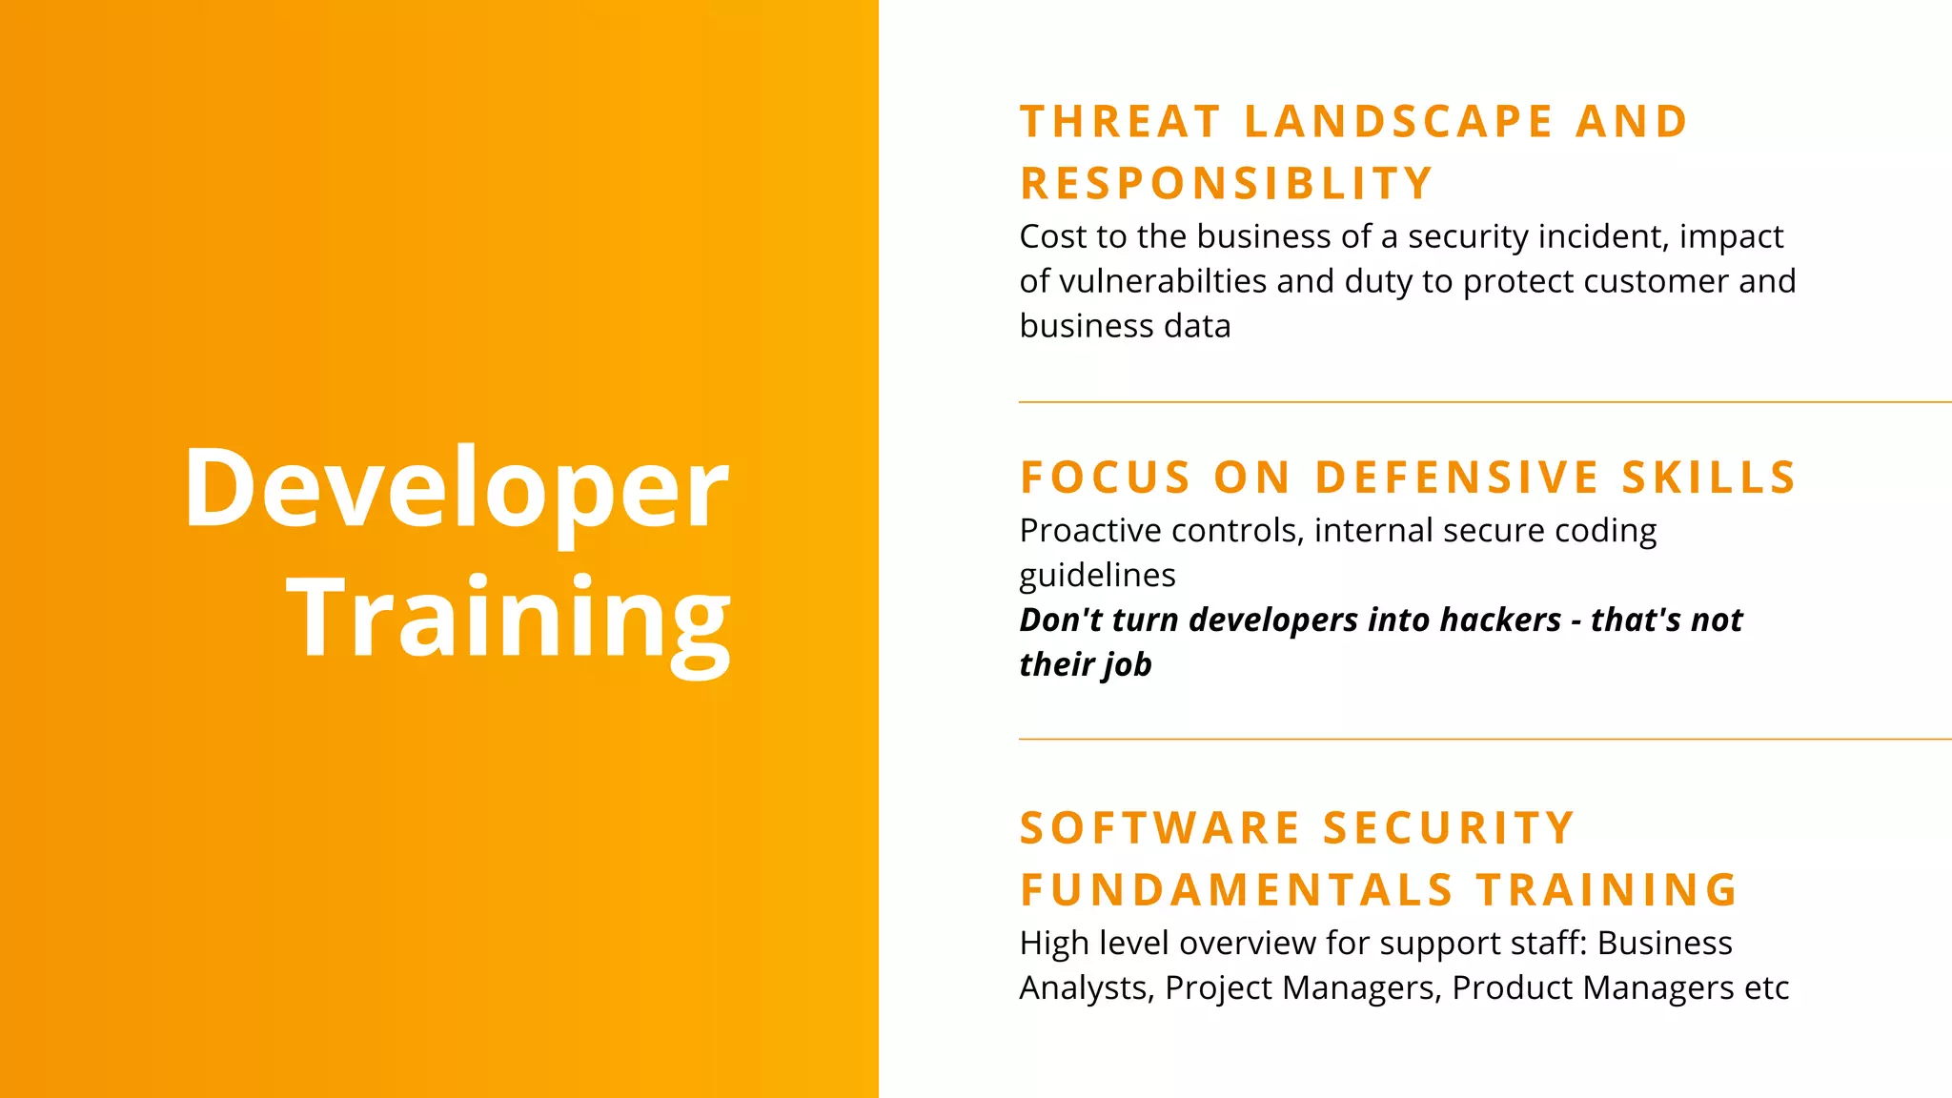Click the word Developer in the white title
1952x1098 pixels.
(456, 488)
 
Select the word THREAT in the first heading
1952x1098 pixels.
(1120, 122)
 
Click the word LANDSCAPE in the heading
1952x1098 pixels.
(1399, 122)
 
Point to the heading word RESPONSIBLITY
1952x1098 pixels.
(1227, 183)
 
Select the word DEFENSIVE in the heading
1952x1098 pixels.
(1457, 478)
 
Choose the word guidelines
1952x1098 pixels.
(1097, 575)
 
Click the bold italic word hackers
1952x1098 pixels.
(1499, 620)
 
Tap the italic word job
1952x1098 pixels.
(1128, 664)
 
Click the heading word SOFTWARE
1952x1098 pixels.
(1160, 828)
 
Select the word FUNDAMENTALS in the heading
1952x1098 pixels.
(1236, 890)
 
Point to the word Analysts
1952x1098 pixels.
(1086, 987)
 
